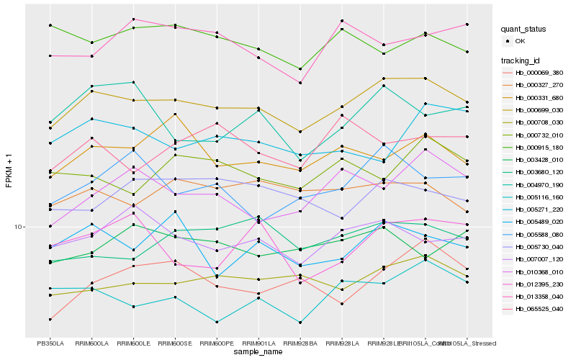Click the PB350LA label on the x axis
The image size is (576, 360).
pos(50,343)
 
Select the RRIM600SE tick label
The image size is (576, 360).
pos(175,343)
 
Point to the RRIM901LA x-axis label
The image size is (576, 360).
pos(258,343)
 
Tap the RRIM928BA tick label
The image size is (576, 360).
pos(300,343)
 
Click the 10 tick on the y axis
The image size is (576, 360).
pos(19,227)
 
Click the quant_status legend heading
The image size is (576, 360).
pos(523,30)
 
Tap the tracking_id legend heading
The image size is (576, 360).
pos(521,60)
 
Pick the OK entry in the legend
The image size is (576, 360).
pos(520,41)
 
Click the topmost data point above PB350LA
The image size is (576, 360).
pos(50,25)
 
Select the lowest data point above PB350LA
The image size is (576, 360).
pos(50,319)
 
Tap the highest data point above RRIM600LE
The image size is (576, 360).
pos(133,19)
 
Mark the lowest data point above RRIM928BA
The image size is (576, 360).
pos(300,323)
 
